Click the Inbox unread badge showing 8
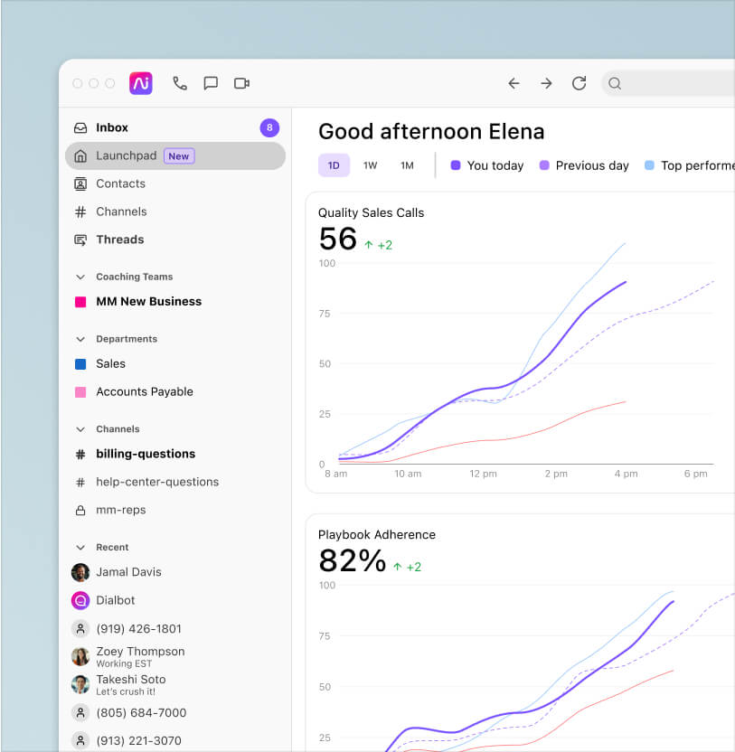tap(269, 128)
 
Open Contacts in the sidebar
tap(120, 183)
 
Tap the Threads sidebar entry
tap(119, 240)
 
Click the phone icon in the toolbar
tap(180, 83)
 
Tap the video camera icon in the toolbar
tap(241, 83)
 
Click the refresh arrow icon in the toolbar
tap(579, 83)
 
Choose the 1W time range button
tap(370, 165)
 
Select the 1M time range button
tap(407, 165)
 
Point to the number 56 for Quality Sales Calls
tap(338, 240)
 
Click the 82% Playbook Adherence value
tap(352, 561)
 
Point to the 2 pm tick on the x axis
tap(557, 474)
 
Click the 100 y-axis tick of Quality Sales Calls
tap(326, 264)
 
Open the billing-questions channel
tap(146, 454)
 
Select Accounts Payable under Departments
tap(144, 391)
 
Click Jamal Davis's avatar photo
tap(80, 572)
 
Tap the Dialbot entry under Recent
tap(115, 600)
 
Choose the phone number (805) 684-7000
tap(140, 712)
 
